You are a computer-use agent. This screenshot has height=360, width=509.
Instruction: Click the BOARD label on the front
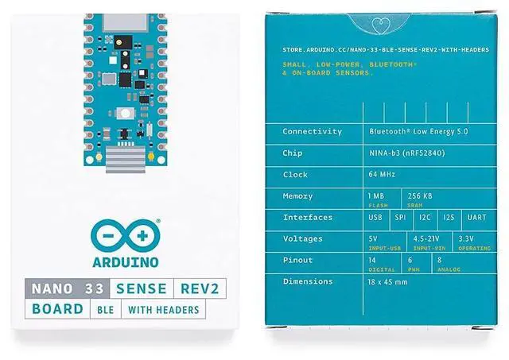click(57, 308)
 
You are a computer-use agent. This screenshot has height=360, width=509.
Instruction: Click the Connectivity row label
click(313, 132)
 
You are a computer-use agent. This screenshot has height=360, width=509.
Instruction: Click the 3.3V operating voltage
click(468, 238)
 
